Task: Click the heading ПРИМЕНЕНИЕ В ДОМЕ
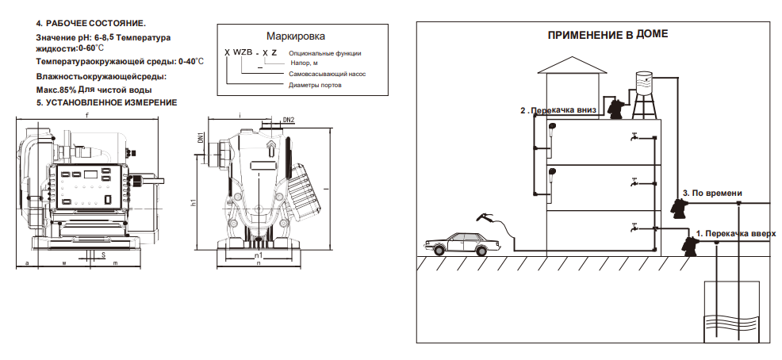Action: (x=608, y=35)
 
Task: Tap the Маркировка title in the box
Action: (x=295, y=36)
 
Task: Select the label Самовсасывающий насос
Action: (x=328, y=74)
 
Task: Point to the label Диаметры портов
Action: (x=315, y=86)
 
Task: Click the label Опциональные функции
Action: (x=324, y=53)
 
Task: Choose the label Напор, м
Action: (x=304, y=63)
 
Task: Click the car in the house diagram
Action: (x=462, y=243)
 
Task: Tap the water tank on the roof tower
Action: (x=644, y=82)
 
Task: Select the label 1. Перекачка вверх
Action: (x=736, y=233)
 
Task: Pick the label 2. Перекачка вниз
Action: (x=558, y=111)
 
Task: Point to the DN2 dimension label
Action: (x=289, y=120)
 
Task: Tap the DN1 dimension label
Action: (x=200, y=138)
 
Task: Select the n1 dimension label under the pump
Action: (x=259, y=255)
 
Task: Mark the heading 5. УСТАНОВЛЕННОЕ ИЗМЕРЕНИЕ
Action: (x=106, y=103)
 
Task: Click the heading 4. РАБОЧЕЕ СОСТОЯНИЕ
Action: (x=90, y=24)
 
